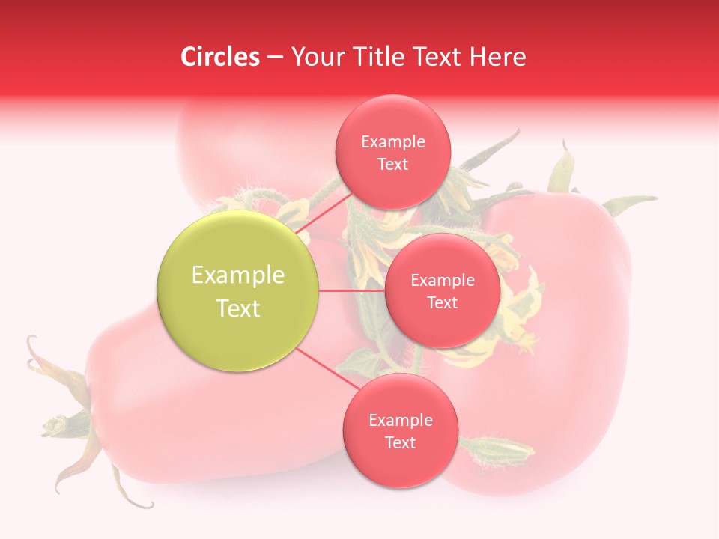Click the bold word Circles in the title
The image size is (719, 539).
point(220,57)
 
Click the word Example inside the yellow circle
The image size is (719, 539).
point(238,275)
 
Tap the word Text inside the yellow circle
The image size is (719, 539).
point(238,308)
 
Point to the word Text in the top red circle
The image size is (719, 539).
point(392,165)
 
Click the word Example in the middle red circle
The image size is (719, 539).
point(442,281)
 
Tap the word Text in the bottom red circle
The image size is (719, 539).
point(400,443)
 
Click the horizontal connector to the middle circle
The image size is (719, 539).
point(352,290)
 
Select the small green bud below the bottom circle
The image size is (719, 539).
point(497,450)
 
